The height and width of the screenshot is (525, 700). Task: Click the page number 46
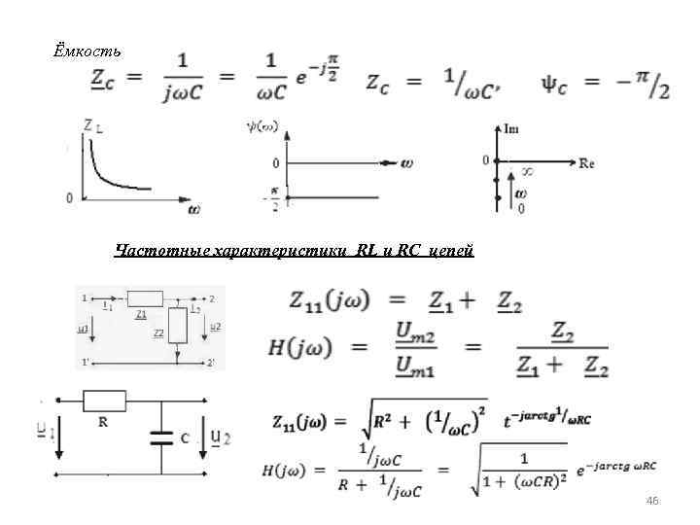652,500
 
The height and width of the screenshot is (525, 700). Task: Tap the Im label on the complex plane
511,127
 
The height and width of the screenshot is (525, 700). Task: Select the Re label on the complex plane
586,162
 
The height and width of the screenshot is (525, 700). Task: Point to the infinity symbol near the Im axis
528,170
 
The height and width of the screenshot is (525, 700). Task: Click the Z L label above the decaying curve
94,124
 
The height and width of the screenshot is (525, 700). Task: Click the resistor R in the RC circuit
104,400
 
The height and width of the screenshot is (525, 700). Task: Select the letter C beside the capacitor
185,438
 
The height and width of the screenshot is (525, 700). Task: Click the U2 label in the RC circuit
221,438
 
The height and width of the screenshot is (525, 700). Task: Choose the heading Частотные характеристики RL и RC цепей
294,251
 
